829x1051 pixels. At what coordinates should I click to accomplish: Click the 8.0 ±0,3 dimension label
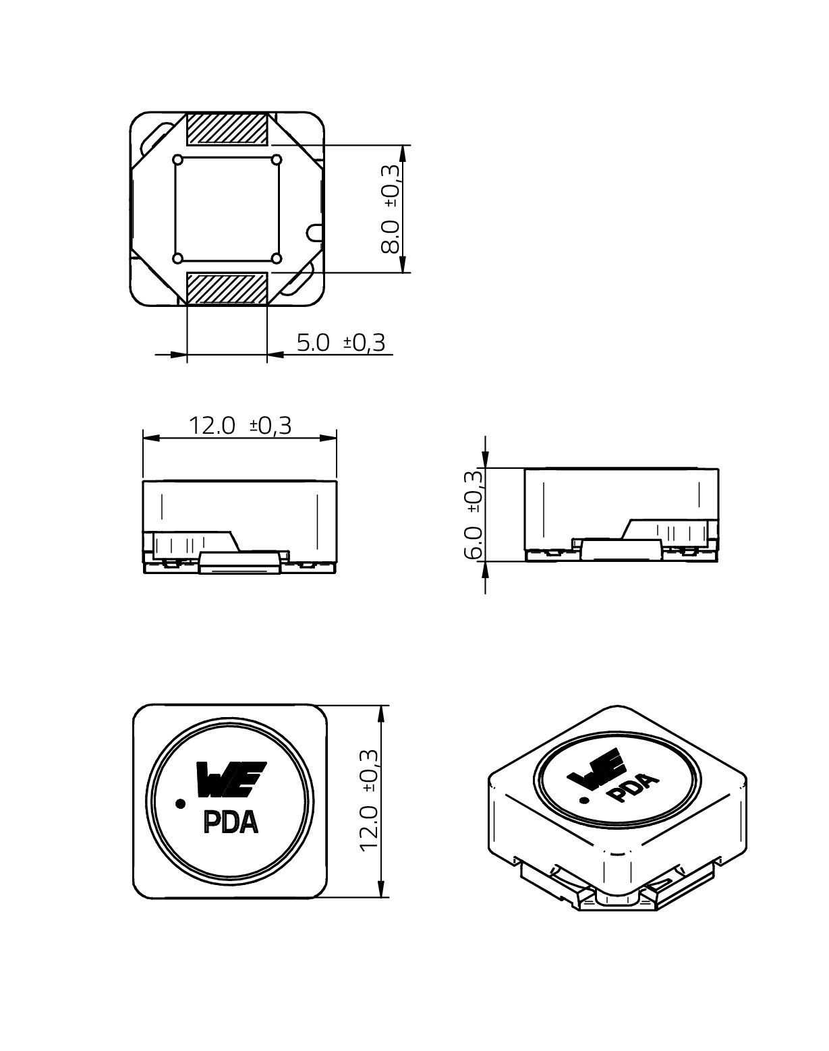tap(391, 208)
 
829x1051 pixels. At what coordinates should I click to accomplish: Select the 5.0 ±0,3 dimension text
tap(341, 343)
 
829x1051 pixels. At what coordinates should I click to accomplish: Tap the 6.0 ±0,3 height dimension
tap(474, 514)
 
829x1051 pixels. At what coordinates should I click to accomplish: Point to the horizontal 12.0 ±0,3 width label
tap(239, 426)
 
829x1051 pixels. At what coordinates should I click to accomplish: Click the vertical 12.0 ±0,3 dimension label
tap(370, 800)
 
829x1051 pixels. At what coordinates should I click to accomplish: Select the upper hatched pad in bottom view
tap(227, 129)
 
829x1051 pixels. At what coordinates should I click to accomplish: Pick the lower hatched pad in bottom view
tap(227, 289)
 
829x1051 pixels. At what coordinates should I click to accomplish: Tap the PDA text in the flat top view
tap(231, 822)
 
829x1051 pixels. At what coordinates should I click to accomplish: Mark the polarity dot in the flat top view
tap(180, 803)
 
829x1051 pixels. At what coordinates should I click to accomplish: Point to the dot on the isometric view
tap(584, 801)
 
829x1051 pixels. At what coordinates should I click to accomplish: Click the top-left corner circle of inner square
tap(178, 160)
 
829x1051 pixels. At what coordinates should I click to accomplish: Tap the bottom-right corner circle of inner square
tap(276, 258)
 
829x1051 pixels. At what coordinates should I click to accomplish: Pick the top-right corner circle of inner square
tap(276, 160)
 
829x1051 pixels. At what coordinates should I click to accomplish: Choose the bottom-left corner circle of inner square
tap(178, 258)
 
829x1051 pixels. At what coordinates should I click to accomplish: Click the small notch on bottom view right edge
tap(315, 233)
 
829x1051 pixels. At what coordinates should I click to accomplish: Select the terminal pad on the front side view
tap(240, 562)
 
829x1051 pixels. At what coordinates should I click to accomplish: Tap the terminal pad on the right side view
tap(620, 549)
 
